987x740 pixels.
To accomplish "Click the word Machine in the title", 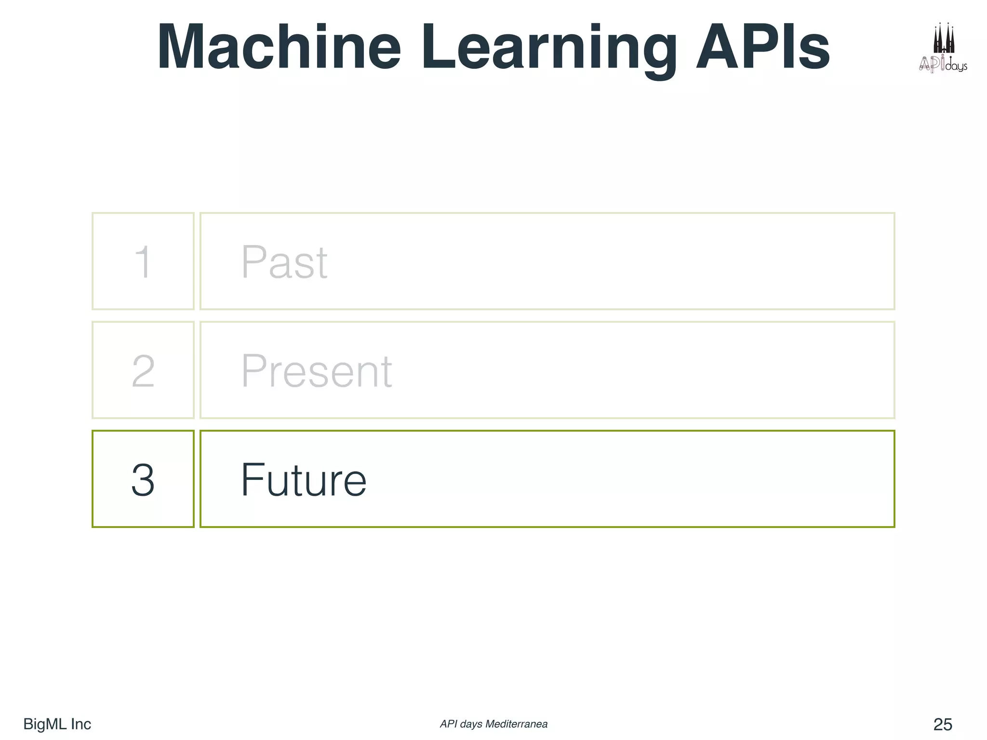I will pos(279,47).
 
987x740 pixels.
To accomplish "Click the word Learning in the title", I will pos(549,48).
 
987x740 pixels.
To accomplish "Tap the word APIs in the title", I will pos(763,47).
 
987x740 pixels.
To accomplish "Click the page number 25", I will pos(943,724).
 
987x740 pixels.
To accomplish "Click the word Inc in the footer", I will pos(81,724).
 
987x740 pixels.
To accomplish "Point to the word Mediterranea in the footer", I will pos(516,724).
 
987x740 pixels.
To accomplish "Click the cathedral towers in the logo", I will pos(944,39).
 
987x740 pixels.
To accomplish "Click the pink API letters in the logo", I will pos(932,64).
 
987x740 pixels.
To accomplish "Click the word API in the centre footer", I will pos(448,724).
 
